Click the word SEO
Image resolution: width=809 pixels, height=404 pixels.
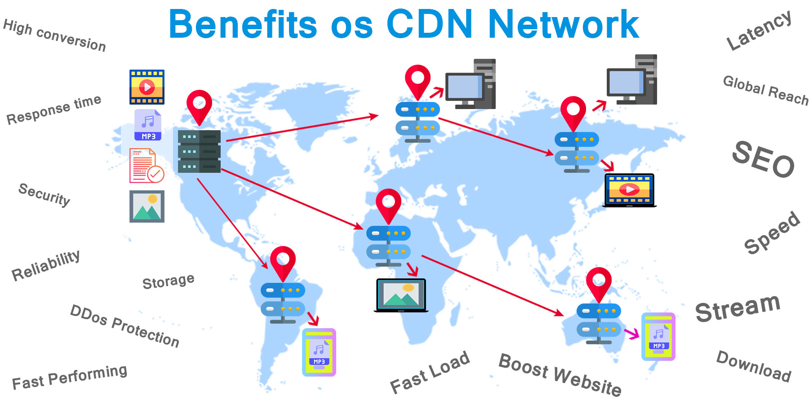(x=763, y=159)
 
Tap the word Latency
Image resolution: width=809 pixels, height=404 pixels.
(x=759, y=30)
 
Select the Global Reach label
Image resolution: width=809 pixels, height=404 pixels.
(x=765, y=90)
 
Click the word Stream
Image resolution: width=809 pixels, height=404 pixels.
(x=738, y=307)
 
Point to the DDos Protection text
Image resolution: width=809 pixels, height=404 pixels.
(x=124, y=326)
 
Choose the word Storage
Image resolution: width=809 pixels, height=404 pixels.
(x=168, y=281)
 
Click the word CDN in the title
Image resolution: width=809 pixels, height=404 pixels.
(x=429, y=24)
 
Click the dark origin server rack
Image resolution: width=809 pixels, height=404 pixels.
(x=199, y=151)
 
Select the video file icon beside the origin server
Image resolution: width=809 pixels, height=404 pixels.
(x=147, y=87)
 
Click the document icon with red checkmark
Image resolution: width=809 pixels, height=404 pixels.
(x=147, y=166)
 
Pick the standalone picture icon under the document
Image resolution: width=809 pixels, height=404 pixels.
(x=147, y=206)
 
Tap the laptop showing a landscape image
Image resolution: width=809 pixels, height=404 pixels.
(x=401, y=295)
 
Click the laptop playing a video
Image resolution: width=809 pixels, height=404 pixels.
(x=629, y=190)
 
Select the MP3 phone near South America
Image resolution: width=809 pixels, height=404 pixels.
(x=319, y=352)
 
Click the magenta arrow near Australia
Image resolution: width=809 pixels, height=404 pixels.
(x=631, y=333)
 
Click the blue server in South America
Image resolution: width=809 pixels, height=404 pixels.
(x=283, y=302)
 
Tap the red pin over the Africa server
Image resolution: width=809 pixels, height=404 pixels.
(x=388, y=205)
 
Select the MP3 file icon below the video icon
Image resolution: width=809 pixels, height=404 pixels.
(x=148, y=125)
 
